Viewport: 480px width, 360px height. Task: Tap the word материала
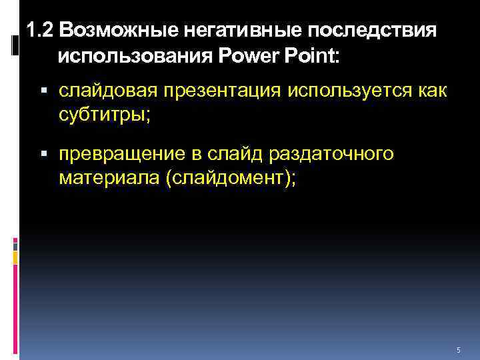[x=105, y=179]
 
